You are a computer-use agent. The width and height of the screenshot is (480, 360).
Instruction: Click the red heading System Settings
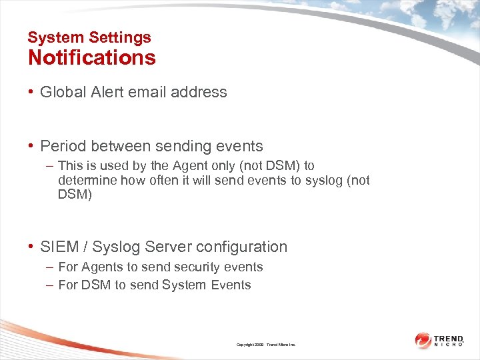click(89, 38)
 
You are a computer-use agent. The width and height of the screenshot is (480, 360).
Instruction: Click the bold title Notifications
click(91, 58)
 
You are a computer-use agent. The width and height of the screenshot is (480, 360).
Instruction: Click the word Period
click(62, 146)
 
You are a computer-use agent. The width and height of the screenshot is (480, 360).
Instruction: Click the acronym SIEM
click(59, 247)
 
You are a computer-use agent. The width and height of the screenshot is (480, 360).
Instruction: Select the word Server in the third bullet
click(169, 247)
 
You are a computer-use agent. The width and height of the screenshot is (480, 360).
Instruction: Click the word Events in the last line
click(231, 285)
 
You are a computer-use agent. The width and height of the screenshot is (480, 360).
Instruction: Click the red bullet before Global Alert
click(31, 92)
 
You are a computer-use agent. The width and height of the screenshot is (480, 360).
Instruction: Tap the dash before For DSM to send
click(51, 285)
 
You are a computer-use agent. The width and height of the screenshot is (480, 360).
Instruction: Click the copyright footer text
click(265, 345)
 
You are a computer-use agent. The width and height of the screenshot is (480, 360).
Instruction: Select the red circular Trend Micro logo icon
click(423, 340)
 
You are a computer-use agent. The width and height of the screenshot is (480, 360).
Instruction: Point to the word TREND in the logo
click(449, 338)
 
